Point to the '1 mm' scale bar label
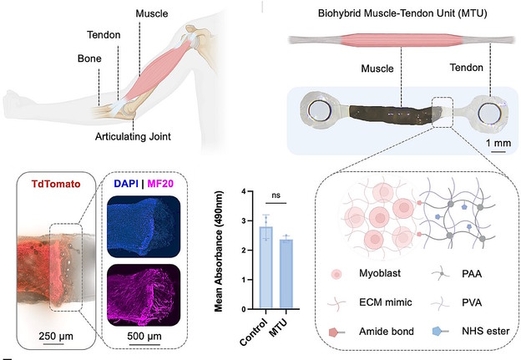pyautogui.click(x=499, y=143)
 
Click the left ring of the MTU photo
pyautogui.click(x=319, y=112)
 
